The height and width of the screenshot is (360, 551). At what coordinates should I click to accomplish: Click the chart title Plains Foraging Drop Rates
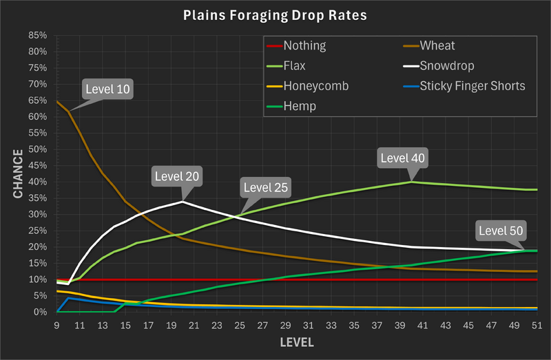(x=275, y=14)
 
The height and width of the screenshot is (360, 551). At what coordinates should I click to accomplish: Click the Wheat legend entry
(x=437, y=46)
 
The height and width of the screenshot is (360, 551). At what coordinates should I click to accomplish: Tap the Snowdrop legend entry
(x=448, y=66)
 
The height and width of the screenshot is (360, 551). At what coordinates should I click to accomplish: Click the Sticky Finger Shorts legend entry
(x=472, y=86)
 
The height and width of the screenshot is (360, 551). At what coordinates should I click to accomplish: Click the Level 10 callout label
(x=107, y=89)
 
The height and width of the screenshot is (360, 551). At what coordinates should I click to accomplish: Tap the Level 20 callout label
(x=177, y=176)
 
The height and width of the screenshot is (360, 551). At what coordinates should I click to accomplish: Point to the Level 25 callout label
(x=266, y=187)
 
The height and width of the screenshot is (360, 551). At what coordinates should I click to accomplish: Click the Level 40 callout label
(x=404, y=158)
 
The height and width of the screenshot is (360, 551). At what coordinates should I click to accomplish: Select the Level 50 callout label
(x=501, y=230)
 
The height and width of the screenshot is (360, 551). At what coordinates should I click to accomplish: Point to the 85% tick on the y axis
(x=37, y=36)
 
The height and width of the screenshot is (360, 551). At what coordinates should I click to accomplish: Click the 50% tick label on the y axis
(x=37, y=149)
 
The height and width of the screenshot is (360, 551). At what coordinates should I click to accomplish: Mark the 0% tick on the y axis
(x=40, y=312)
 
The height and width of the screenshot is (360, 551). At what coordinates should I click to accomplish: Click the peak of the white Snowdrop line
(x=183, y=202)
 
